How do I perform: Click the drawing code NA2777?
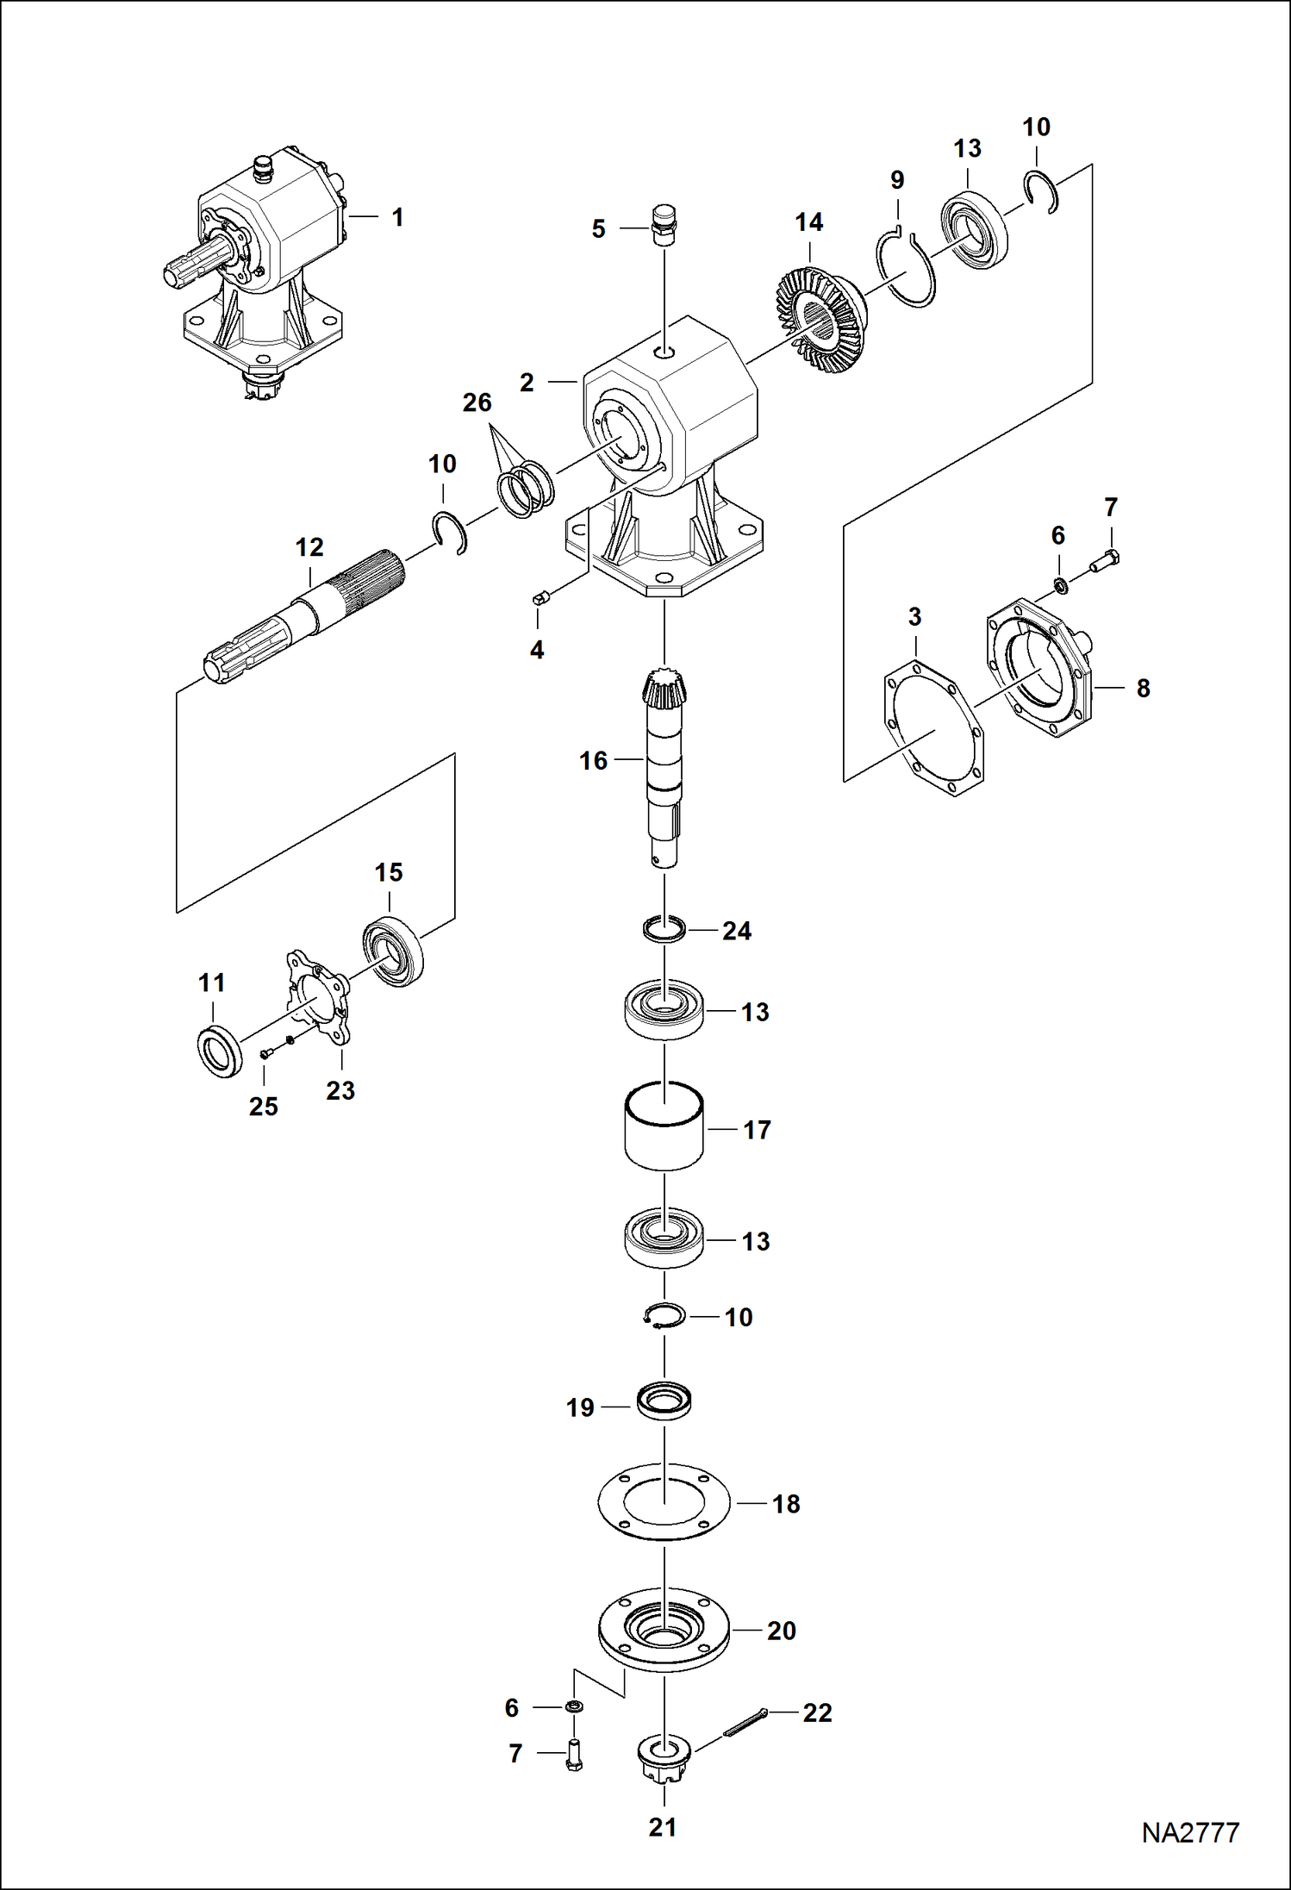click(1190, 1832)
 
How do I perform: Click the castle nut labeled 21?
click(664, 1762)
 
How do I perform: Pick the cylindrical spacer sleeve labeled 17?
click(664, 1126)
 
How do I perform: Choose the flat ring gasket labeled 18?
click(664, 1501)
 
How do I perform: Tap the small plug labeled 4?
click(540, 599)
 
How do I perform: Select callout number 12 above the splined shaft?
click(309, 546)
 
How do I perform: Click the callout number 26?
click(477, 402)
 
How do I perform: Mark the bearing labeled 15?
click(393, 954)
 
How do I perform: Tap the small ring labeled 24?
click(664, 929)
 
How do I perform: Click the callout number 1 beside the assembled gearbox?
click(397, 217)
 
